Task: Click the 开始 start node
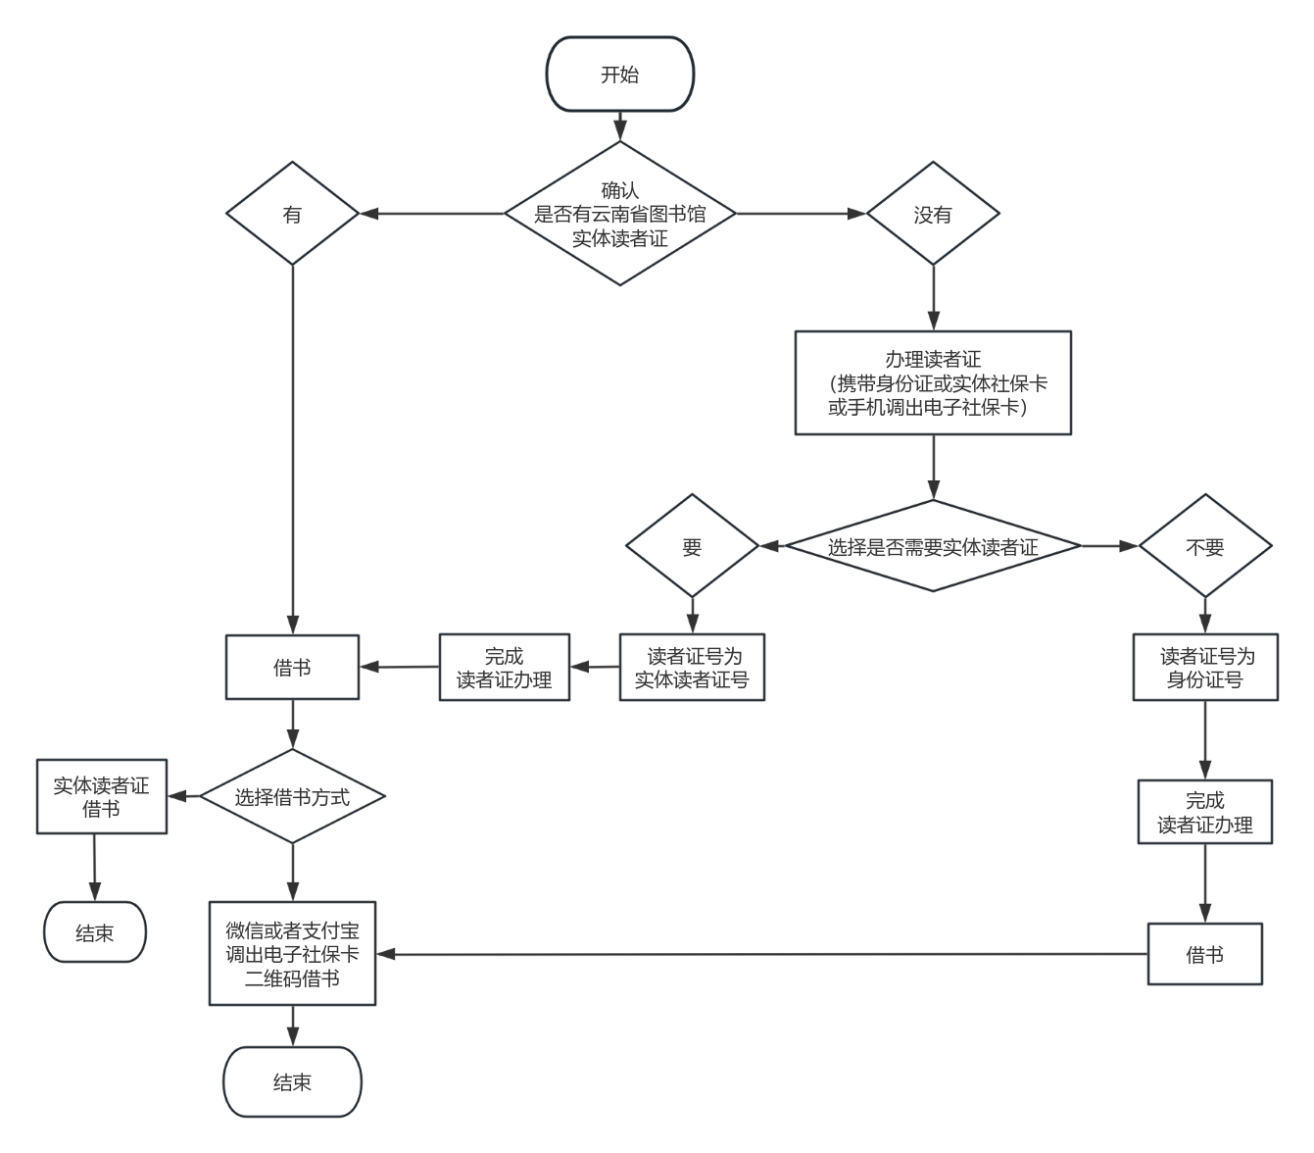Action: (619, 75)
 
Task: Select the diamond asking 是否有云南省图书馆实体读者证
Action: (619, 214)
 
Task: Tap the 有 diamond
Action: (292, 214)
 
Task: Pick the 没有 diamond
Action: (933, 214)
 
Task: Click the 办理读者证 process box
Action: (933, 382)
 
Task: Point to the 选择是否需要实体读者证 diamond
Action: (933, 546)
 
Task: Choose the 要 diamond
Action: (692, 546)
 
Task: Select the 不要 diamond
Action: (1204, 546)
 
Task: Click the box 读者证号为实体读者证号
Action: (692, 668)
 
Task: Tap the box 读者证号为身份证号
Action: (1204, 668)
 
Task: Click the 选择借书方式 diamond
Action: (292, 796)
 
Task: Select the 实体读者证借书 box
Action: (102, 797)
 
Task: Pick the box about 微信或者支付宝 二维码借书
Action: (292, 954)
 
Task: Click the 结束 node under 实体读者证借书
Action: (95, 932)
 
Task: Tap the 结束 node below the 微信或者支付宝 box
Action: (292, 1082)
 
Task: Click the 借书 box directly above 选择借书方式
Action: (292, 668)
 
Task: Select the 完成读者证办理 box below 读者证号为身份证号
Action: (1204, 812)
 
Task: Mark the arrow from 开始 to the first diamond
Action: (619, 126)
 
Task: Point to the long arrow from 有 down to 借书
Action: (292, 441)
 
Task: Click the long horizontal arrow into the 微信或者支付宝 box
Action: (764, 954)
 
